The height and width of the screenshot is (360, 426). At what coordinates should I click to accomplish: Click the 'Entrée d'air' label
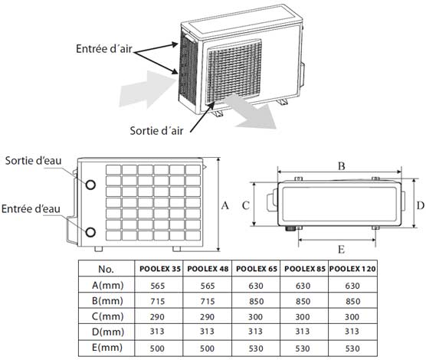(x=103, y=49)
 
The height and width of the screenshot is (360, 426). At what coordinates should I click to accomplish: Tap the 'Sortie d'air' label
(x=156, y=131)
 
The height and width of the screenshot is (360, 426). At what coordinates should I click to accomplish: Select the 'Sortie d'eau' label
(x=33, y=161)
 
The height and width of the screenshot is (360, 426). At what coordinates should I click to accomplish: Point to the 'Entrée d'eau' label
(x=31, y=209)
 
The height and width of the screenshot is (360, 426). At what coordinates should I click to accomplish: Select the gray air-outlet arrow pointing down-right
(x=250, y=111)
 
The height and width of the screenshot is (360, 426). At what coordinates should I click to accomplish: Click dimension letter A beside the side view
(x=225, y=206)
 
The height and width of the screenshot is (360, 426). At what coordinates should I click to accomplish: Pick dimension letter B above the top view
(x=341, y=165)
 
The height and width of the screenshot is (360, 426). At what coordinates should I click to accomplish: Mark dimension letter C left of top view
(x=246, y=205)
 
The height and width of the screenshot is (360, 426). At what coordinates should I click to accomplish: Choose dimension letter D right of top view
(x=421, y=205)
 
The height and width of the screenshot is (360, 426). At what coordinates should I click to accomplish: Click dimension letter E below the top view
(x=341, y=249)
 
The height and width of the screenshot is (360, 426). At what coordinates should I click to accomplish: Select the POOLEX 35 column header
(x=160, y=269)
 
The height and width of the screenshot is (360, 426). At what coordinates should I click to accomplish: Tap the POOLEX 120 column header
(x=352, y=269)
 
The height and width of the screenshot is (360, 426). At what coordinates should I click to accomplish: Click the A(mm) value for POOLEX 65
(x=256, y=286)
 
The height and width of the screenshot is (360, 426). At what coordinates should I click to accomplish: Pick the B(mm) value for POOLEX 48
(x=208, y=301)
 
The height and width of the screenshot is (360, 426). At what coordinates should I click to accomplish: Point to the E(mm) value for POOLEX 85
(x=303, y=349)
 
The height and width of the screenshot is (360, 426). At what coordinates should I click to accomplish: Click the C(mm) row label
(x=107, y=316)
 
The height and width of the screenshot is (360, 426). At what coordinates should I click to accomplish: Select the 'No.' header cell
(x=106, y=269)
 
